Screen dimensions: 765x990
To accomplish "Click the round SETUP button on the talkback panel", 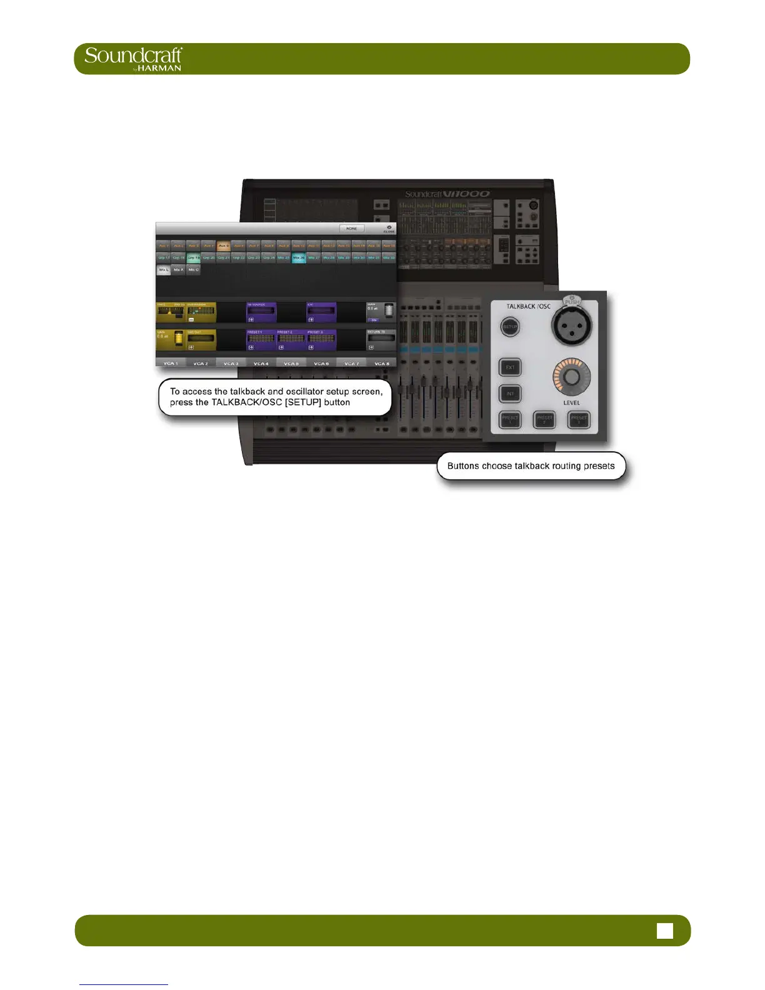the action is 510,327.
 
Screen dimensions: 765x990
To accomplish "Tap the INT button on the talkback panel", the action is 510,394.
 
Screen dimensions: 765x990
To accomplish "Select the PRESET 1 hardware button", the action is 510,419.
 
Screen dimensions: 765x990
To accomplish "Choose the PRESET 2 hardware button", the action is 544,419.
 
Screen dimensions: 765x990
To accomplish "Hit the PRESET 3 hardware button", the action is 579,419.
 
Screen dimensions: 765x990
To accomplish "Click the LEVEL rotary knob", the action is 571,377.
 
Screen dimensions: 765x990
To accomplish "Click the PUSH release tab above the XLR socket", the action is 571,301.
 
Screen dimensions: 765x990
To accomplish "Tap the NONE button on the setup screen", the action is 352,229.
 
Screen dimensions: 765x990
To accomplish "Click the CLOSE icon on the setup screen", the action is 389,229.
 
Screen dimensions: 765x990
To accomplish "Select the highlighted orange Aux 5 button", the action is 223,246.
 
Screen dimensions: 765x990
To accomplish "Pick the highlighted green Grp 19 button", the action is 194,257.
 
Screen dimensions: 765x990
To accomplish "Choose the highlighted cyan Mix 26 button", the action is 299,257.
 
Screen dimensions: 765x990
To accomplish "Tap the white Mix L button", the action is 163,270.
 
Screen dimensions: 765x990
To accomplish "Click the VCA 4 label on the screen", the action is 261,363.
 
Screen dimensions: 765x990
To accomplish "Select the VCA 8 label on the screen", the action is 381,363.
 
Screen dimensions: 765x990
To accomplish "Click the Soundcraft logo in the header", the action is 133,58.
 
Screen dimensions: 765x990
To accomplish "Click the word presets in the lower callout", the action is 597,466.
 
